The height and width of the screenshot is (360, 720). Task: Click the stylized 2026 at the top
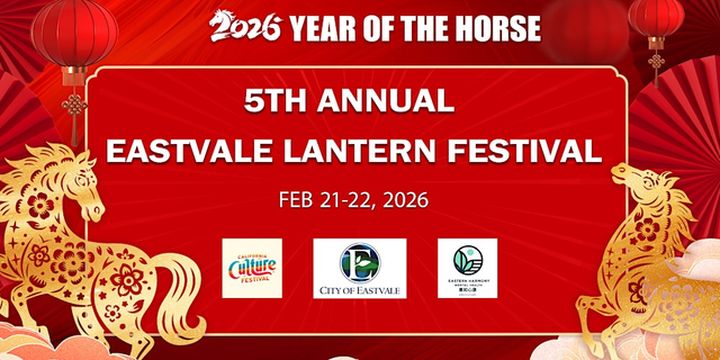pyautogui.click(x=246, y=26)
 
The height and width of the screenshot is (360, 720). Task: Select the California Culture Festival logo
pyautogui.click(x=252, y=268)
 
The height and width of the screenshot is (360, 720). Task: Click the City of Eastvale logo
pyautogui.click(x=359, y=268)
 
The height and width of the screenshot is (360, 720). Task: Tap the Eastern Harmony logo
pyautogui.click(x=467, y=268)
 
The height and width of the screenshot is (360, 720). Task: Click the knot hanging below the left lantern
pyautogui.click(x=71, y=105)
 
